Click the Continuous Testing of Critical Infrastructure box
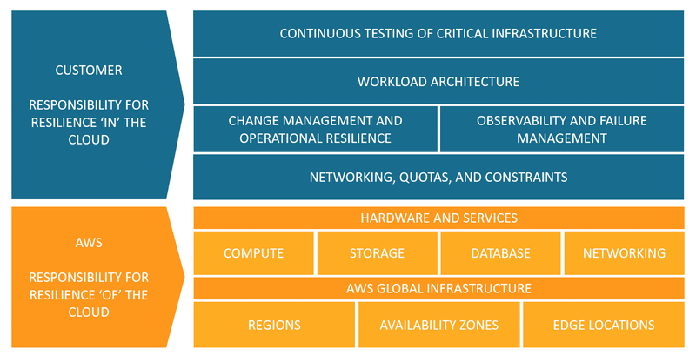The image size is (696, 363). coord(438,34)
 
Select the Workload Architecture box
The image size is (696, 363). coord(438,82)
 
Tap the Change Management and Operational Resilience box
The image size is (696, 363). coord(315,129)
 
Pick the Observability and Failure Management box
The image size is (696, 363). coord(561,129)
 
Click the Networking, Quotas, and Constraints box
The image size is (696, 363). coord(438,177)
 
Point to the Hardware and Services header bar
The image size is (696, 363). coord(438,218)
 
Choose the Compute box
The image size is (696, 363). coord(253,253)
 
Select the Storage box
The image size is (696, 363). coord(377,253)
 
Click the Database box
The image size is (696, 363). coord(500,253)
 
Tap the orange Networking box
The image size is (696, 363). coord(623,253)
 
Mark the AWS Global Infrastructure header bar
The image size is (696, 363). coord(438,288)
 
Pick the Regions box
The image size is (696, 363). coord(274,325)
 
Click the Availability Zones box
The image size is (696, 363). coord(438,325)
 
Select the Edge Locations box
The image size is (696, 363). coord(603,325)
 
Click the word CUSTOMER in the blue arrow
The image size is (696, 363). coord(89,70)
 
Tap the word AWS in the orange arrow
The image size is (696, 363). coord(89,243)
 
